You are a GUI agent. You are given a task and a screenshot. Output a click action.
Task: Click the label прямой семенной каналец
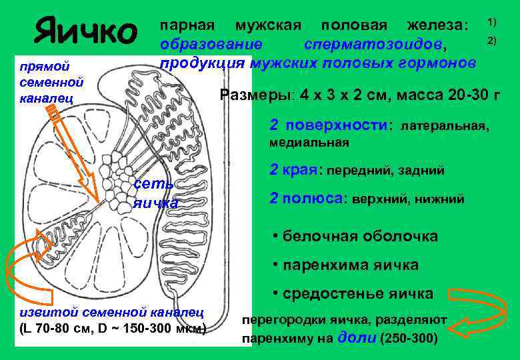51,83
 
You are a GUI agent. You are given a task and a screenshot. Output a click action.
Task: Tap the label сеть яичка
155,193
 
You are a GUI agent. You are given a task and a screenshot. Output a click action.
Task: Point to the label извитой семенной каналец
110,312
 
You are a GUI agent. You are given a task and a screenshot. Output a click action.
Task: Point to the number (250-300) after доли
408,338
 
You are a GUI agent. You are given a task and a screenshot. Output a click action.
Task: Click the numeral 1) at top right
491,22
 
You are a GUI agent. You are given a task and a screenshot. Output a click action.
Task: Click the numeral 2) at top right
491,41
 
